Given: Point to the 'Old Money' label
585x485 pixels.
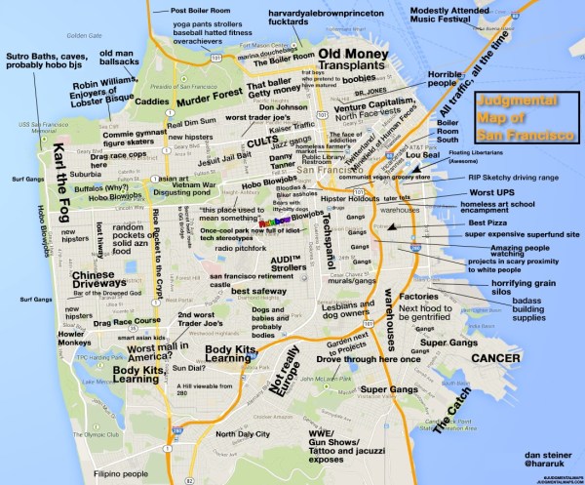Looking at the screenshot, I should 357,56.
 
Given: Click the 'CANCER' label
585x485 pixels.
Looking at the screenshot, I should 502,359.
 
